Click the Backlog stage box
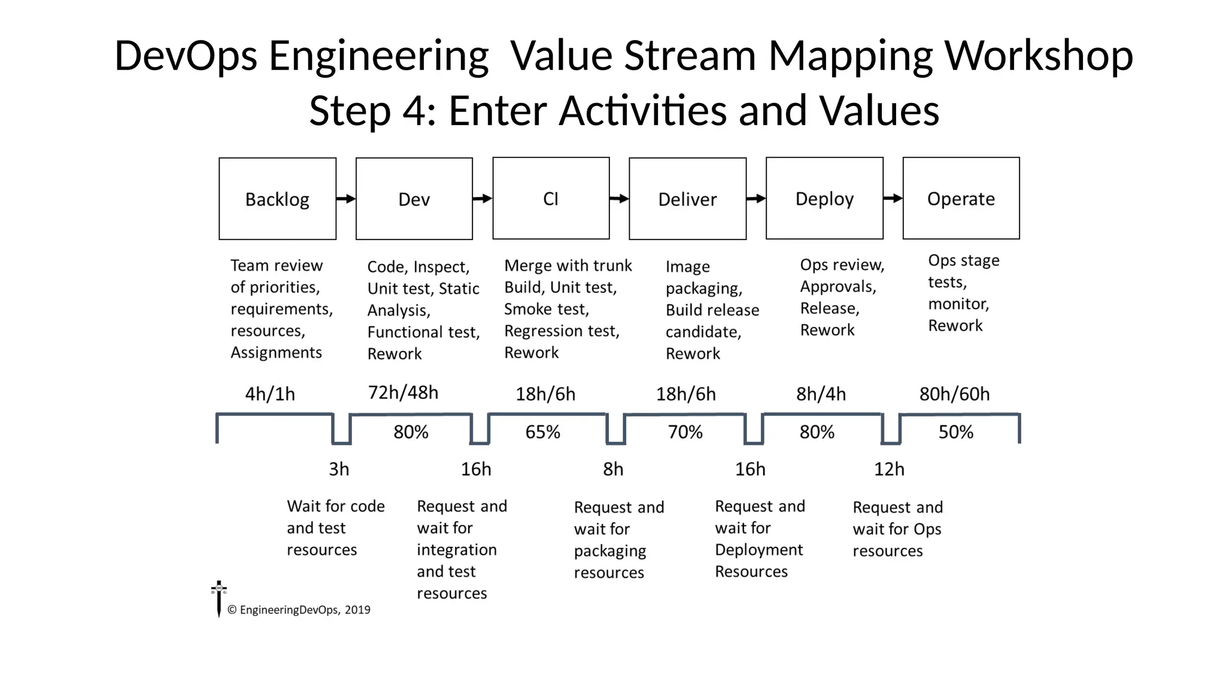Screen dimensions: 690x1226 (x=277, y=199)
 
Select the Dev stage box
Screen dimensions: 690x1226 (x=414, y=199)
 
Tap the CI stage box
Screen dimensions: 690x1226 (x=551, y=198)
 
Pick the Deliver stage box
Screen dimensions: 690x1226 (x=687, y=199)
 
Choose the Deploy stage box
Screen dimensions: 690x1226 (x=824, y=198)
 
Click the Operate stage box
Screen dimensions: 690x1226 (x=961, y=198)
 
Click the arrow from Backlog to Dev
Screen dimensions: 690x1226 (x=346, y=199)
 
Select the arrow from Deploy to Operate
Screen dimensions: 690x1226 (x=893, y=198)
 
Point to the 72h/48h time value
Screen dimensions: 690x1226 (x=403, y=393)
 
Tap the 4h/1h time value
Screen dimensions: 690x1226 (x=270, y=394)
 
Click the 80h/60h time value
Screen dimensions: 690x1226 (x=954, y=394)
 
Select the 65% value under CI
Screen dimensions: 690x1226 (x=542, y=432)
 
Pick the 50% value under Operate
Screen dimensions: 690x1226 (x=955, y=432)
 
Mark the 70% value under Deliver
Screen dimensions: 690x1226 (x=685, y=432)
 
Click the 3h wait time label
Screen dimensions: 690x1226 (x=339, y=469)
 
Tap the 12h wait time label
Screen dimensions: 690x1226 (x=889, y=469)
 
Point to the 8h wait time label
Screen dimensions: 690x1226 (x=613, y=469)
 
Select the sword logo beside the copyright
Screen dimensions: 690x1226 (x=219, y=598)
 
